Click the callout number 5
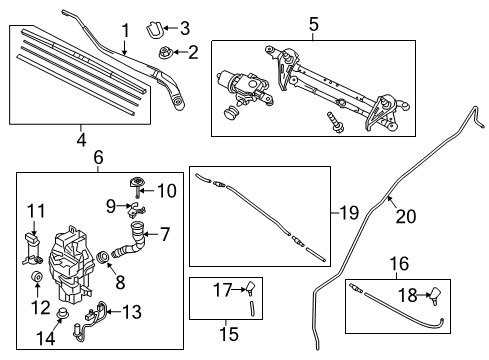tap(314, 24)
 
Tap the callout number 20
tap(406, 216)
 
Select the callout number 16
tap(399, 263)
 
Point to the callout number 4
tap(81, 140)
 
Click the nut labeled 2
tap(165, 52)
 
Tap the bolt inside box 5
tap(334, 123)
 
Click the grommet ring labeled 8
tap(102, 257)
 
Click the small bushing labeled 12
tap(36, 276)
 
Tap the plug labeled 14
tap(62, 312)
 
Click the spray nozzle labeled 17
tap(250, 287)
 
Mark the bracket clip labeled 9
tap(136, 210)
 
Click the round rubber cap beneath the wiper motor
tap(231, 112)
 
